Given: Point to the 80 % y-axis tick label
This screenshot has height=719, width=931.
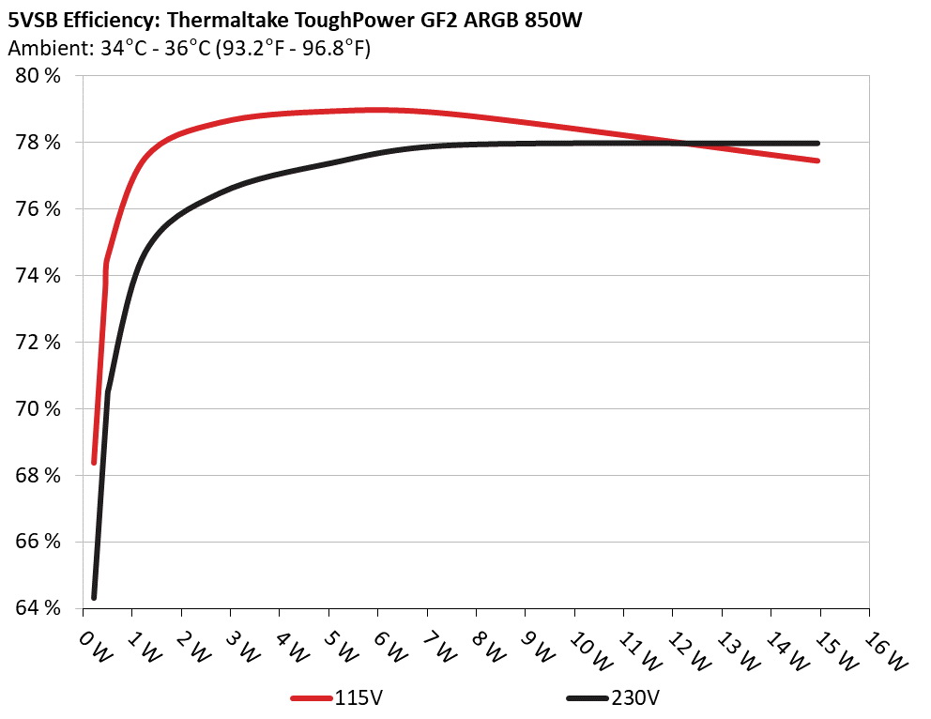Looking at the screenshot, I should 38,76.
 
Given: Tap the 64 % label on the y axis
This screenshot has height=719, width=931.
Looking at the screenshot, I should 38,608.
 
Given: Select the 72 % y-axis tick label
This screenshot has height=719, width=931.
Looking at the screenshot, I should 38,342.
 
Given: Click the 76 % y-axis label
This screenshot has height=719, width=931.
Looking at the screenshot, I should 38,209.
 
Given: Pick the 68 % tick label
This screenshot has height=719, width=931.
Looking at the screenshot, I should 38,475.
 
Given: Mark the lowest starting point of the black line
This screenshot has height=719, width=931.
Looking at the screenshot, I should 94,597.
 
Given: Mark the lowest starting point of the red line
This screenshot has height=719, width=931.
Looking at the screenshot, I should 94,462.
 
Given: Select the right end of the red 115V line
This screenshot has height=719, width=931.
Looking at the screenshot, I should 818,161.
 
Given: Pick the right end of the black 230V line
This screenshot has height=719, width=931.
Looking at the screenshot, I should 818,144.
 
